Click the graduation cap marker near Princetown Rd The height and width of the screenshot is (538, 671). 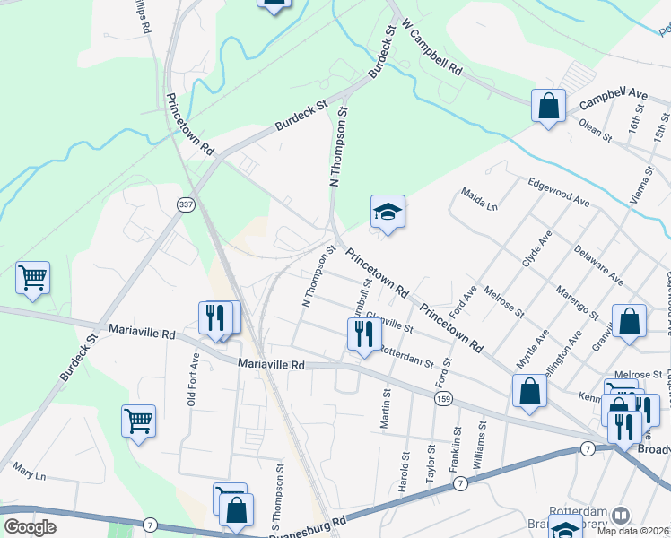(388, 213)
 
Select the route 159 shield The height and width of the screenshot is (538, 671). (441, 398)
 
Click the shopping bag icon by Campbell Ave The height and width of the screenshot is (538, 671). (548, 107)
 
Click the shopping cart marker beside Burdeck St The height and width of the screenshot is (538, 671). (33, 279)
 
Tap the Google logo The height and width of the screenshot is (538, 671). (30, 527)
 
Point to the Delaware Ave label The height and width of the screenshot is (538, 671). (599, 265)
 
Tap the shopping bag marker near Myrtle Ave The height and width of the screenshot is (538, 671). (529, 391)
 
